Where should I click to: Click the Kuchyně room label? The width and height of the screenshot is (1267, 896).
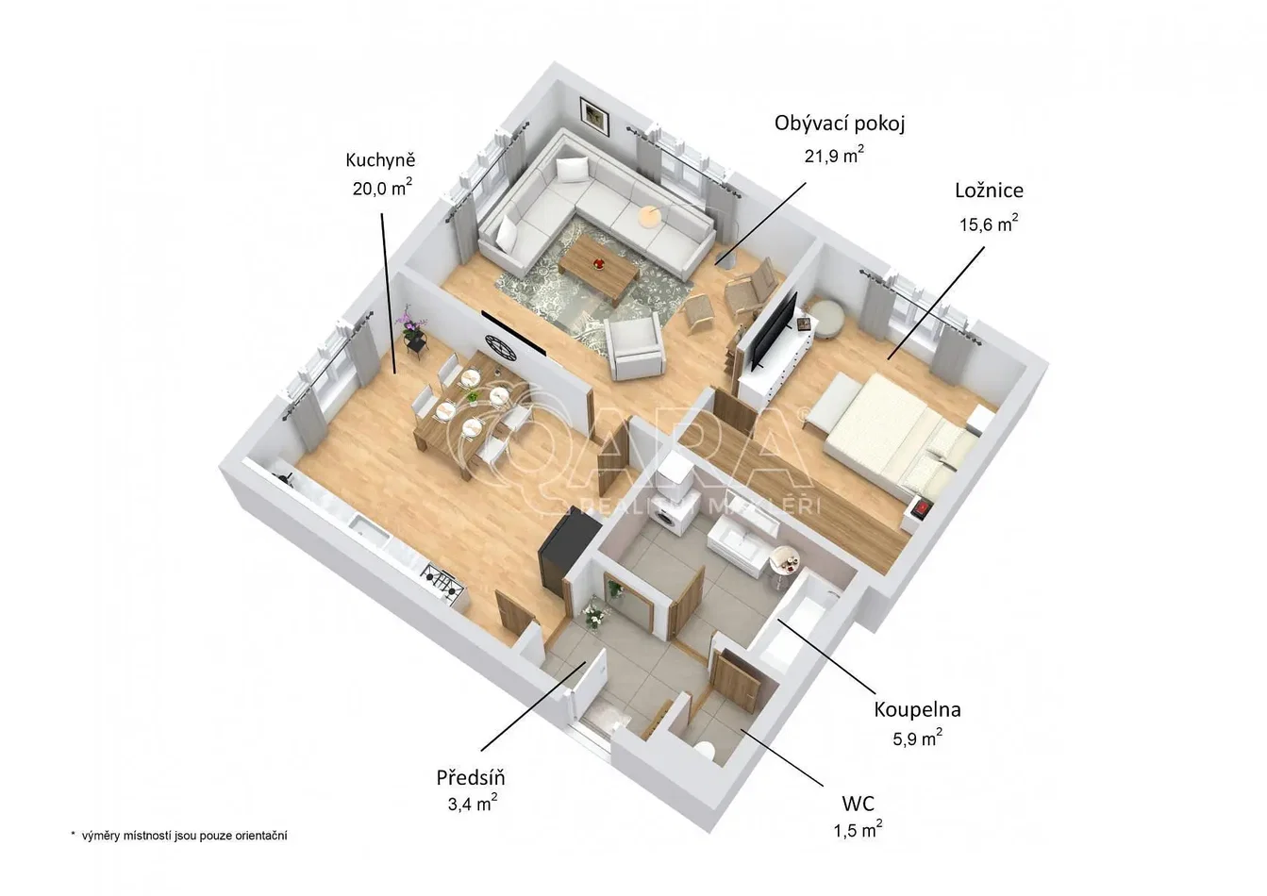[x=380, y=160]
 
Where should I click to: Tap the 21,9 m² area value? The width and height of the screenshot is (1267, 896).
[x=834, y=155]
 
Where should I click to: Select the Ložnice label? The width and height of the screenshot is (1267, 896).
[x=990, y=191]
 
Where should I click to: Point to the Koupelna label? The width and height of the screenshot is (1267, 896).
[x=917, y=709]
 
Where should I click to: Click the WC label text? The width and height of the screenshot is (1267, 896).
[x=858, y=803]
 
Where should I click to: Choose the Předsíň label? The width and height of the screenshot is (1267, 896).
[x=471, y=778]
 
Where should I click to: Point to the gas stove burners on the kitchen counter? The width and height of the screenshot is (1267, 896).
[x=442, y=578]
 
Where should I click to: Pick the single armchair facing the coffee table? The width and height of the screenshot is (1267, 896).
[x=634, y=348]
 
